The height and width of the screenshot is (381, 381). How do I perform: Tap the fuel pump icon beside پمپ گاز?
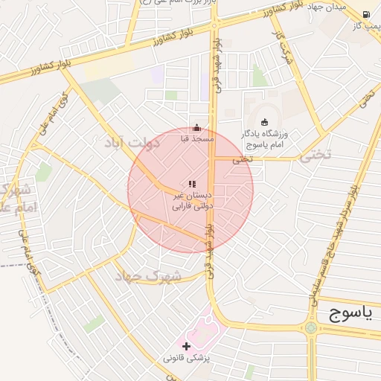[x=366, y=14]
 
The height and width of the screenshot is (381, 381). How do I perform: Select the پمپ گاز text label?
[x=366, y=26]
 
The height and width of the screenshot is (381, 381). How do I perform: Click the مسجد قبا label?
[x=197, y=138]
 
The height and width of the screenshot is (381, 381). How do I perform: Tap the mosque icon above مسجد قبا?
[x=196, y=127]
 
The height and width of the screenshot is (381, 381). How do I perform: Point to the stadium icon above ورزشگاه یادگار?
[x=265, y=122]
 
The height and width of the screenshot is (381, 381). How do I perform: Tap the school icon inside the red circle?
[x=192, y=184]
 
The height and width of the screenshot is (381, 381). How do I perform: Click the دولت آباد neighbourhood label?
[x=132, y=141]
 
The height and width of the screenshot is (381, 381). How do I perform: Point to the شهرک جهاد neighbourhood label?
[x=147, y=275]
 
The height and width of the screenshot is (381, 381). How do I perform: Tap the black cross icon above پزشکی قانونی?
[x=186, y=346]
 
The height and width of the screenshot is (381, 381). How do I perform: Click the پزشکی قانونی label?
[x=187, y=358]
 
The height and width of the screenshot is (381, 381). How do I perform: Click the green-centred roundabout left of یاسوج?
[x=310, y=327]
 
